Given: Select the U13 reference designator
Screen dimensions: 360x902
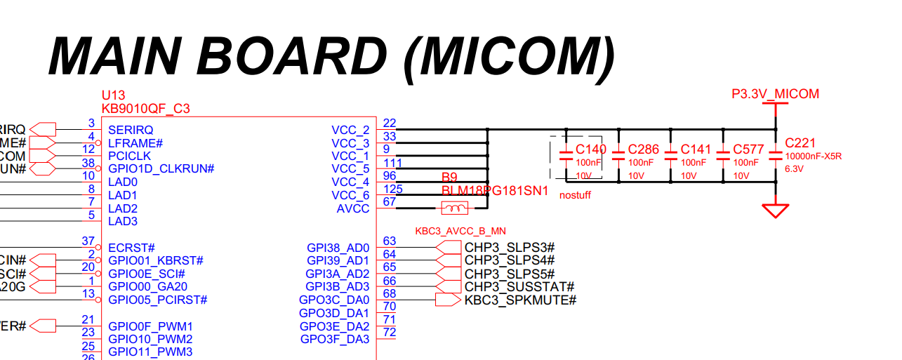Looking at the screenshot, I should (x=113, y=95).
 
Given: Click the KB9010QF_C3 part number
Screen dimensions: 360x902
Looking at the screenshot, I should (x=145, y=109).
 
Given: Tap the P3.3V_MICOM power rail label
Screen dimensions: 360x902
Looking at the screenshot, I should (x=775, y=94).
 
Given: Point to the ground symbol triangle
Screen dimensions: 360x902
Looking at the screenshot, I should (x=776, y=210).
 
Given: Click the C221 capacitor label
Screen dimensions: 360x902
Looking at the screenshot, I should (x=800, y=142).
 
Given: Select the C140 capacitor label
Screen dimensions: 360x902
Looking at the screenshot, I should (x=590, y=149).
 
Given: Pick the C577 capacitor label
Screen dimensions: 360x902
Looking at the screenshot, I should (x=748, y=149).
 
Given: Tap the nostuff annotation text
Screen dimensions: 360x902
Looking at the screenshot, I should (x=575, y=195).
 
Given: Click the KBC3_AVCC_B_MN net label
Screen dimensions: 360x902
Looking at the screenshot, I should (x=460, y=231).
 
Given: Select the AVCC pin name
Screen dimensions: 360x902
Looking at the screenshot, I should (x=353, y=208).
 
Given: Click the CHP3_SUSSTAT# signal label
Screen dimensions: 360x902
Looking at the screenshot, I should (x=519, y=287).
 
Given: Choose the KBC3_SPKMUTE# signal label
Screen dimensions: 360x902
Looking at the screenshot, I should (x=520, y=300).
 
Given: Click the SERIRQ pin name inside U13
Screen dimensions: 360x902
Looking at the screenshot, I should (x=131, y=130).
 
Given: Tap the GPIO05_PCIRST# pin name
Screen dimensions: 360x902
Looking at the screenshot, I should (x=158, y=300).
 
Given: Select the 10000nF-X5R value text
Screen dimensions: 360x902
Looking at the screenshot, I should (x=813, y=156).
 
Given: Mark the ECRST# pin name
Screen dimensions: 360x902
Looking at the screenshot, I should (x=131, y=248).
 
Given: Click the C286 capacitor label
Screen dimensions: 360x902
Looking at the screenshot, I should (x=643, y=149).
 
